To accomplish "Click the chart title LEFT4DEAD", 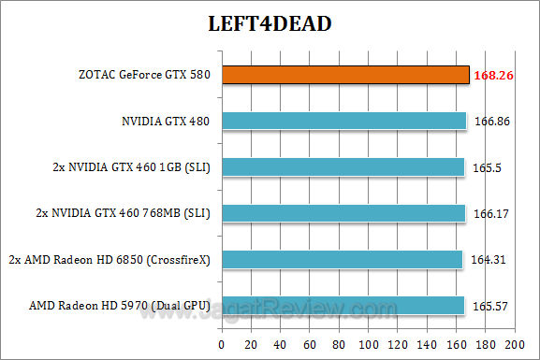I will click(270, 23).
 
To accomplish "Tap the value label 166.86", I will click(494, 121).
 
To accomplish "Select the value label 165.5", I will click(489, 166).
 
